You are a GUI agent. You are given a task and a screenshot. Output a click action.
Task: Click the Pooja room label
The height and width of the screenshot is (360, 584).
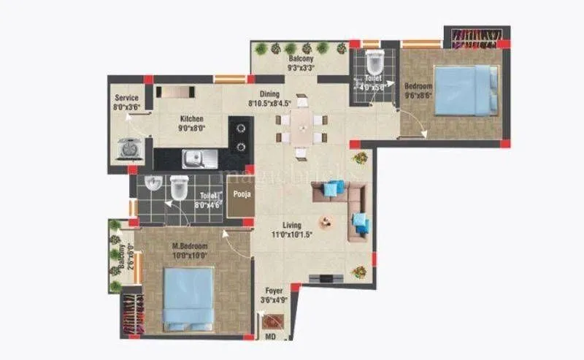240,196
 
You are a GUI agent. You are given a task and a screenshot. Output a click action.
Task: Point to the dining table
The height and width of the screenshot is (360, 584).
301,132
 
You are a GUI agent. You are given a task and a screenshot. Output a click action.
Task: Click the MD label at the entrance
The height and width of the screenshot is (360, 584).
269,337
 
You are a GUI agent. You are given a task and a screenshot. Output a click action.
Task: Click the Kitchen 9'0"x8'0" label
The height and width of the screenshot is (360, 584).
191,123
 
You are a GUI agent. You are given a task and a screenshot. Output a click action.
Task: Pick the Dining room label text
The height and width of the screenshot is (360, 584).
270,93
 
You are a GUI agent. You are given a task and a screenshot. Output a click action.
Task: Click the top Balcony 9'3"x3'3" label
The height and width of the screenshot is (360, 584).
301,61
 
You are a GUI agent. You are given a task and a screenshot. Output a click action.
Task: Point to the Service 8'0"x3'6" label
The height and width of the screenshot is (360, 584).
127,102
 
